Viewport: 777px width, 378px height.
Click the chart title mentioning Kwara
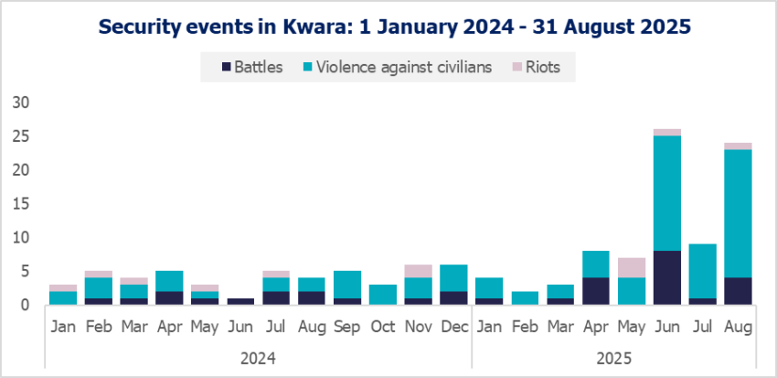[x=388, y=27]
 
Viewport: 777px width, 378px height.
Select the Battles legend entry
[x=252, y=67]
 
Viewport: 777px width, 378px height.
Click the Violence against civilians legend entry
[x=401, y=67]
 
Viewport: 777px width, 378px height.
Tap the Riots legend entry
[x=540, y=67]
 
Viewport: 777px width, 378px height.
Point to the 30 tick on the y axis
[x=21, y=103]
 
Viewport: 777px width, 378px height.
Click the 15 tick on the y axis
[x=21, y=203]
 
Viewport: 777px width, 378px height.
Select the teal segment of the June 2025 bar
[x=667, y=193]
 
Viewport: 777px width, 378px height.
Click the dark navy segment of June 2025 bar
[x=667, y=277]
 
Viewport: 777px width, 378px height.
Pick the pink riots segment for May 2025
[x=632, y=267]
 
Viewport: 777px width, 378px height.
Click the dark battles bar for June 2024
[x=240, y=301]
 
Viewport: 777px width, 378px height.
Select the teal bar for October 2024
[x=382, y=295]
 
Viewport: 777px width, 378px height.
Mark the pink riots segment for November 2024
[x=418, y=271]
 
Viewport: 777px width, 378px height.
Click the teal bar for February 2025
[x=525, y=297]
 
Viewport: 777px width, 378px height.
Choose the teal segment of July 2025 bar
[x=702, y=271]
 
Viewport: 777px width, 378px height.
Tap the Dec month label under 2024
[x=453, y=326]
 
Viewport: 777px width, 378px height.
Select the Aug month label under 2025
[x=738, y=326]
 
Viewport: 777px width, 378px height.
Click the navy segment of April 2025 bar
[x=596, y=291]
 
